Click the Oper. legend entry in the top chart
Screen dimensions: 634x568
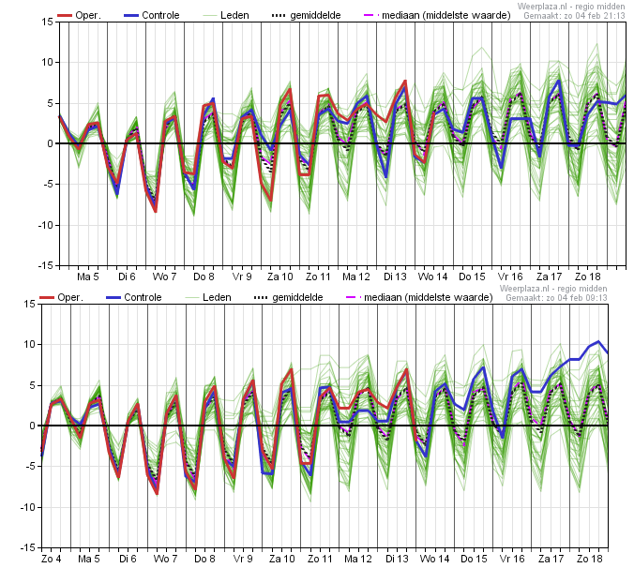[x=79, y=15]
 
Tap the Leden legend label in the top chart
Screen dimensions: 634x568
[x=234, y=15]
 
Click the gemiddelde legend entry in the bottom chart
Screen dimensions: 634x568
[x=288, y=298]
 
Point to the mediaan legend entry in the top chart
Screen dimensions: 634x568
[x=437, y=15]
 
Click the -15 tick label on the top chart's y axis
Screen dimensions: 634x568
[x=46, y=266]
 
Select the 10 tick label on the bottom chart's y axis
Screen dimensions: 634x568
[x=30, y=345]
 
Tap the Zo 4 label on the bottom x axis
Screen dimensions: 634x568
[x=52, y=559]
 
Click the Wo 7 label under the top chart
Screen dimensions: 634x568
[x=164, y=277]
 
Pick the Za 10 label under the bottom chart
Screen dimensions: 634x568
[x=281, y=559]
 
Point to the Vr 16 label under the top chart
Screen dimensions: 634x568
[x=510, y=277]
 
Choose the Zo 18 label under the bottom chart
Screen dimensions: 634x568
[x=589, y=559]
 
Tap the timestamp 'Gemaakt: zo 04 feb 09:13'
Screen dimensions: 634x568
[x=556, y=298]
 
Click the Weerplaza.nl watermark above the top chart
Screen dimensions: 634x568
[x=571, y=7]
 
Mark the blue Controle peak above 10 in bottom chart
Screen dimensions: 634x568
[x=598, y=341]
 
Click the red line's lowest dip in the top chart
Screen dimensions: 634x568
[x=156, y=211]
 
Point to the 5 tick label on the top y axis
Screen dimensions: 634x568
[x=50, y=103]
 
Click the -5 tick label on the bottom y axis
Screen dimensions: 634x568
[x=30, y=467]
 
